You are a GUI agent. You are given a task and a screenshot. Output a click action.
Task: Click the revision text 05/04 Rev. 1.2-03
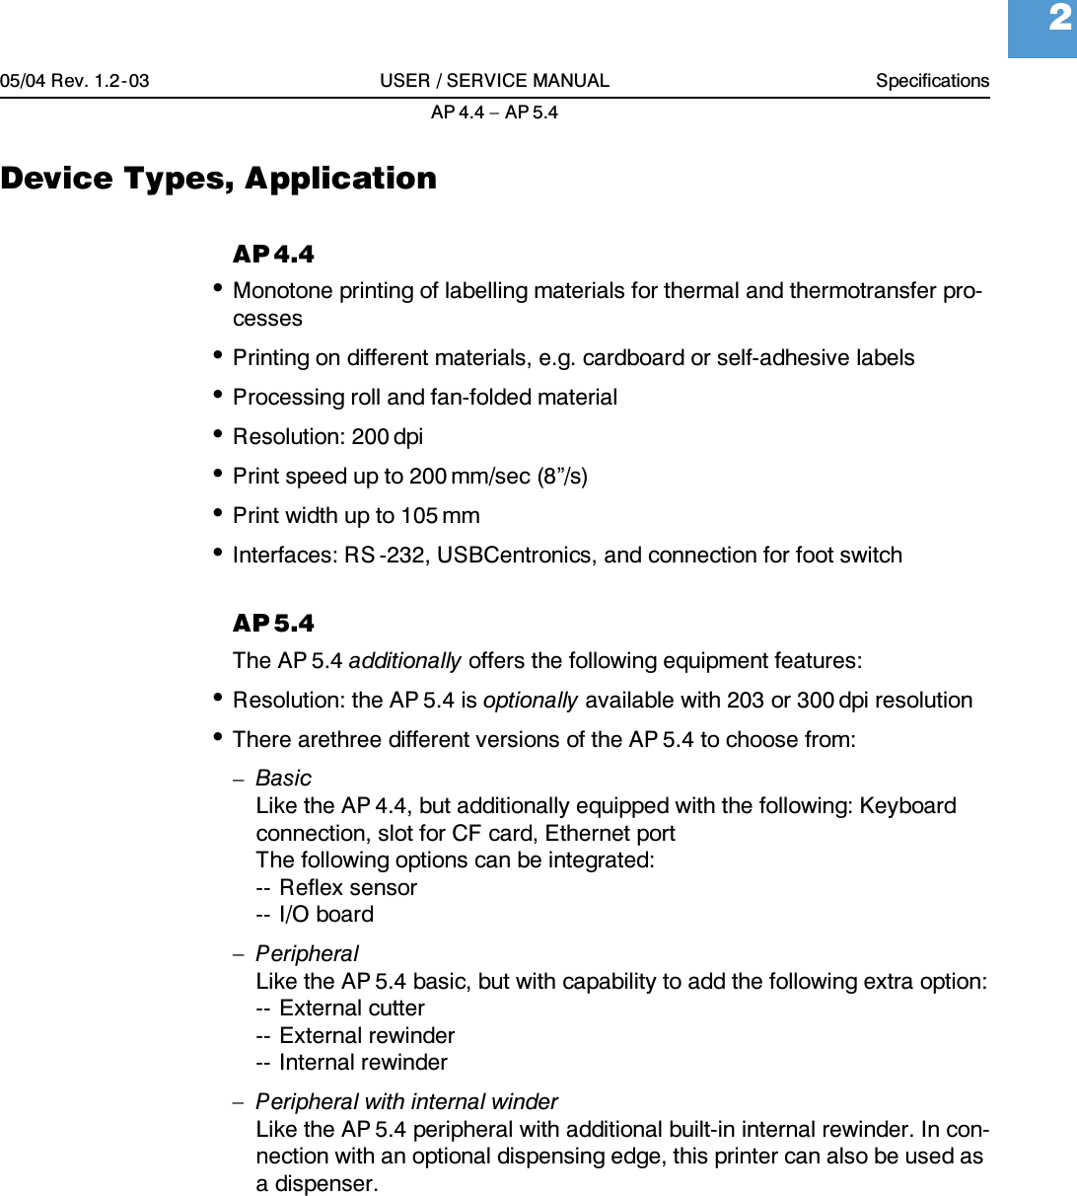pos(75,81)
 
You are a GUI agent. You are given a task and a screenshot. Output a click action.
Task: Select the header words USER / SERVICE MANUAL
pos(494,81)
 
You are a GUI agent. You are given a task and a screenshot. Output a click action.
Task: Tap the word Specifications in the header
pos(932,81)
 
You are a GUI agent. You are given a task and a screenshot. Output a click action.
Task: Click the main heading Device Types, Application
pos(219,179)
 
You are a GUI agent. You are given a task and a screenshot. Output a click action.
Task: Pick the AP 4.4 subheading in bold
pos(273,255)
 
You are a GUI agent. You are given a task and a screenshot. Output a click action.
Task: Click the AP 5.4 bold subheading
pos(273,624)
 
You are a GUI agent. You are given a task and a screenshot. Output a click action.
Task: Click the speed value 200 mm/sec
pos(469,477)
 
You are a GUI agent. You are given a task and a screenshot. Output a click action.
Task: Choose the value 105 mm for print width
pos(440,516)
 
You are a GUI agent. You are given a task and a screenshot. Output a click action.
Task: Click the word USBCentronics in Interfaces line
pos(516,556)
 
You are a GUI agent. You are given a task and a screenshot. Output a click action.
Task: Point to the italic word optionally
pos(531,701)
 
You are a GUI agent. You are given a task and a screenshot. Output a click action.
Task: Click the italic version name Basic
pos(283,779)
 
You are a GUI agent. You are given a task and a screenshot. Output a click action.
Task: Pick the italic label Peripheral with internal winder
pos(406,1102)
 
